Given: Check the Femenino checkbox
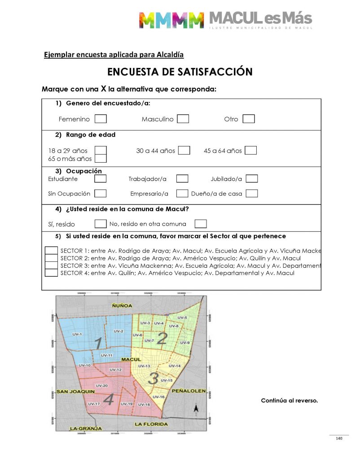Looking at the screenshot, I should point(101,119).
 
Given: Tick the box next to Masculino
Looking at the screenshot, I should point(183,119).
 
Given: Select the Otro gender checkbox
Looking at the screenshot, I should point(249,119).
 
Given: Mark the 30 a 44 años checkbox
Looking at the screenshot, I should point(184,150).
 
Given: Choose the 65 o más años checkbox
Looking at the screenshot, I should point(101,158).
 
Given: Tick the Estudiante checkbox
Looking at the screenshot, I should point(101,179).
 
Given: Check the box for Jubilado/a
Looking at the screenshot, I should point(252,179).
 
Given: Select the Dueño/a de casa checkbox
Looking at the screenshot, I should point(252,194).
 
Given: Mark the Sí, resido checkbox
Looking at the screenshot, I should point(101,224).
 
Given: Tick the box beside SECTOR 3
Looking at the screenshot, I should point(51,265).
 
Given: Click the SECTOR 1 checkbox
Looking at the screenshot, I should point(51,251).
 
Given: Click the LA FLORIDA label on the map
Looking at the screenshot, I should point(151,424).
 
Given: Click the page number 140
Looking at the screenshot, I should point(339,438).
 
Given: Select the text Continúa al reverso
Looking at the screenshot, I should point(289,401).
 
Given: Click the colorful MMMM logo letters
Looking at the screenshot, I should point(171,20).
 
